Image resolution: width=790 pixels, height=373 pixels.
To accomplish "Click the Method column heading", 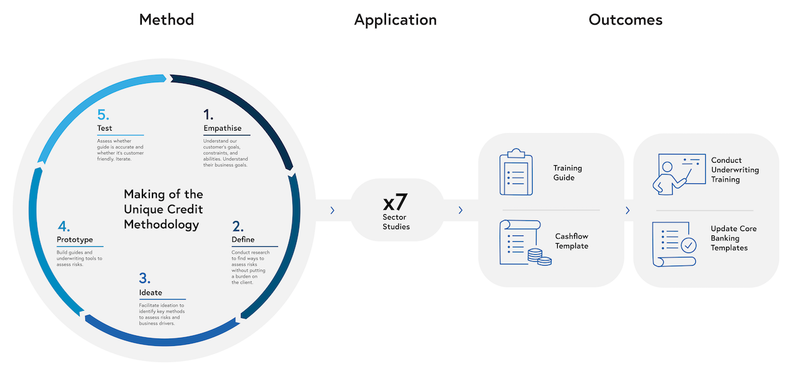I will coord(166,19).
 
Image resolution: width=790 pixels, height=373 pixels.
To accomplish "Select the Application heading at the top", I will coord(395,20).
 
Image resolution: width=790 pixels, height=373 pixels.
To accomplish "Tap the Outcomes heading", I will coord(625,19).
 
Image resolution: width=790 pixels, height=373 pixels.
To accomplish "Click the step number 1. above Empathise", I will coord(208,114).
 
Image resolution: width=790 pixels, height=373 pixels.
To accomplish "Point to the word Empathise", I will coord(222,128).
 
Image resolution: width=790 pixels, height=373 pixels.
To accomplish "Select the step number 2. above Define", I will coord(238,227).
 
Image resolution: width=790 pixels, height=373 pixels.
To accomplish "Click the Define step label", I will coord(243,240).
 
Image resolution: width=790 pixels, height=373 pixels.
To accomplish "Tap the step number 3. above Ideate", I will coord(144,279).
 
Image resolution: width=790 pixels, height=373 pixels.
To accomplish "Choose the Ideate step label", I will coord(151,293).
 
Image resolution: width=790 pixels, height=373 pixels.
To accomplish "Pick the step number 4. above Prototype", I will coord(63,226).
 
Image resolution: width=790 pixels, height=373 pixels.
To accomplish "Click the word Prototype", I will coord(75,240).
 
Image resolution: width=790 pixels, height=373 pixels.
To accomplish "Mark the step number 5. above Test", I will coord(104,114).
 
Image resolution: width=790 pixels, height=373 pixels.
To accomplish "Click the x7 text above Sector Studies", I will coord(396,202).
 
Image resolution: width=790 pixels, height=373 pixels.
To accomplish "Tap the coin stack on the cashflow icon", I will coord(540,257).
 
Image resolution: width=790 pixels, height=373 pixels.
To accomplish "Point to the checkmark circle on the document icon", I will coord(689,245).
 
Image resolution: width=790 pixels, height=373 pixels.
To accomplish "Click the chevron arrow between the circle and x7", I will coord(332,210).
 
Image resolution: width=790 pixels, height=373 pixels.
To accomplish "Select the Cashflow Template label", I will coord(572,241).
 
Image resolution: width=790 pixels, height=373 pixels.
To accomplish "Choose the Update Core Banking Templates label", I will coord(734,238).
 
